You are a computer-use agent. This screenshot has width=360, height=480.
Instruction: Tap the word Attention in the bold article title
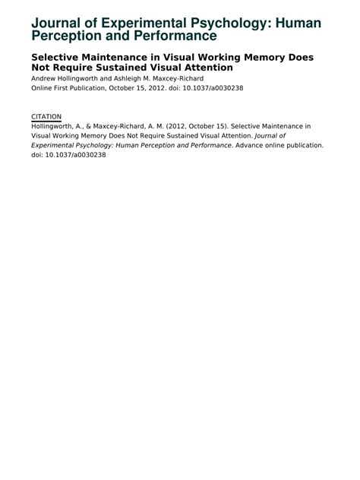[x=206, y=68]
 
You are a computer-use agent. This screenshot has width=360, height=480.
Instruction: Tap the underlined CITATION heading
[x=46, y=116]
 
